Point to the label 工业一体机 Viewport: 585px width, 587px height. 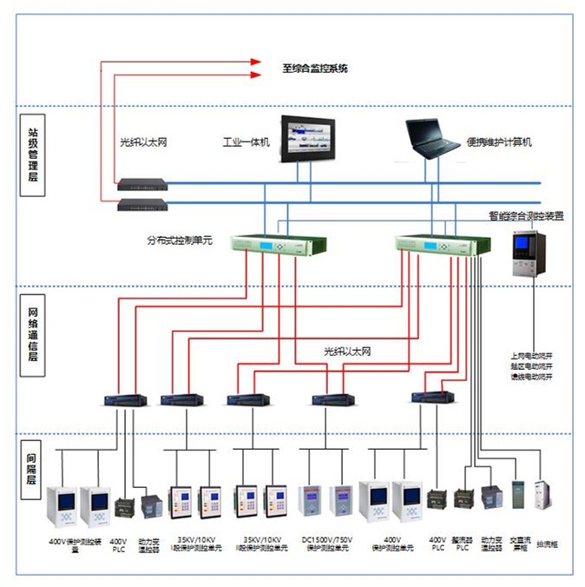coord(246,142)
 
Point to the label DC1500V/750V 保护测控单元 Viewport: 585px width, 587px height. coord(329,544)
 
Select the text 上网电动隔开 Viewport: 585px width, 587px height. coord(532,355)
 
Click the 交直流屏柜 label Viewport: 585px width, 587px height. coord(521,544)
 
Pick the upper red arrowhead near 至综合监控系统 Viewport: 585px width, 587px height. coord(256,62)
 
